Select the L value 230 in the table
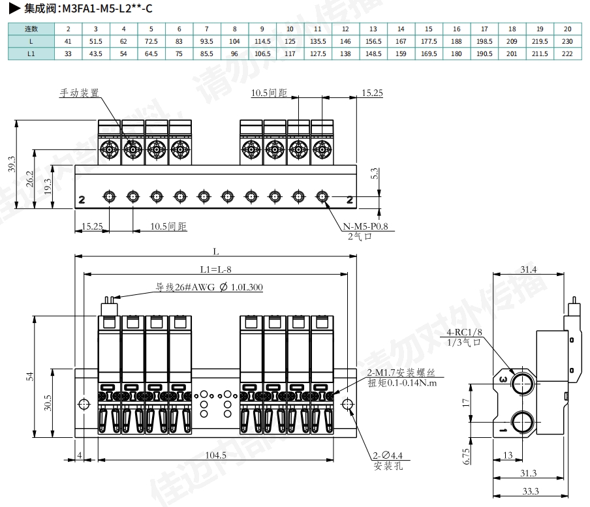[x=567, y=41]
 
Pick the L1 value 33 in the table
[x=68, y=53]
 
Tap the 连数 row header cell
[x=31, y=29]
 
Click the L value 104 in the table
[x=234, y=41]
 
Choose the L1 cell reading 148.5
[x=373, y=53]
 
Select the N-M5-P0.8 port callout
[x=365, y=227]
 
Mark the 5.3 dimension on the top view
[x=374, y=174]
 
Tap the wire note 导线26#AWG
[x=209, y=287]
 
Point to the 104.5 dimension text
[x=215, y=455]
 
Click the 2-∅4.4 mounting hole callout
[x=388, y=455]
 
